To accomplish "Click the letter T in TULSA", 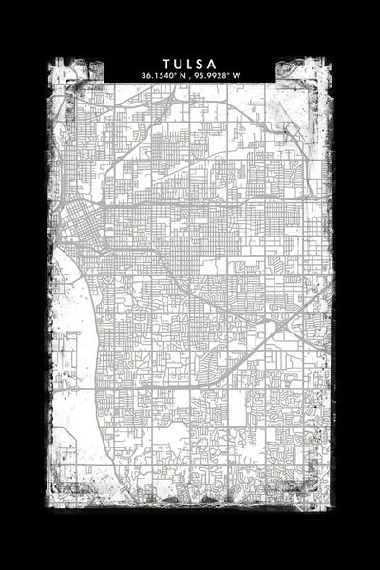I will pyautogui.click(x=166, y=64).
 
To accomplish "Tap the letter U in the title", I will pyautogui.click(x=178, y=64).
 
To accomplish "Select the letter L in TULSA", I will pyautogui.click(x=190, y=64).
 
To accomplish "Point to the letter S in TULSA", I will pyautogui.click(x=201, y=64).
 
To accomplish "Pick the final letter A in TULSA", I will pyautogui.click(x=214, y=64).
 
